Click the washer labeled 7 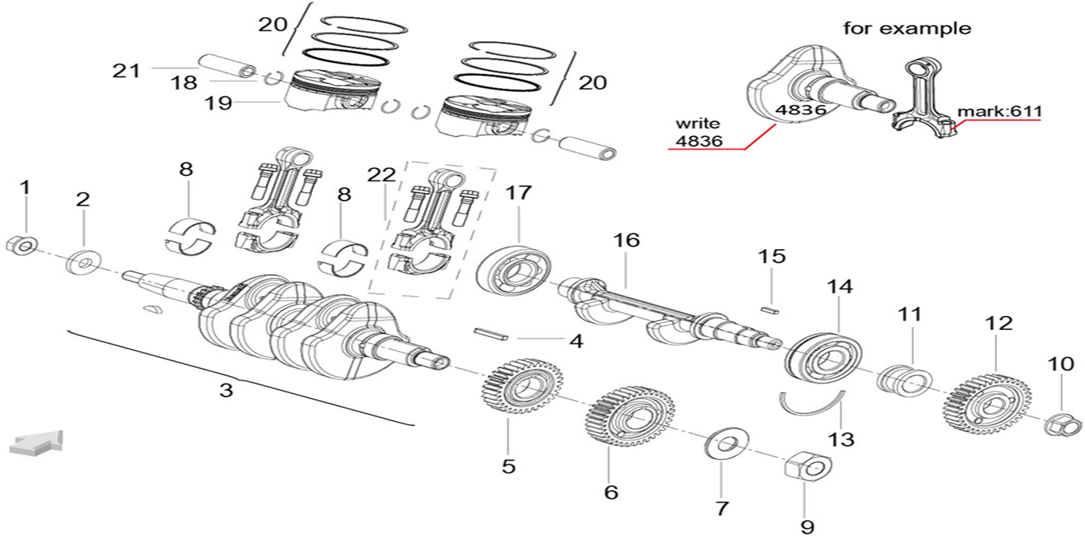(726, 444)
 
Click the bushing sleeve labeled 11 (905, 380)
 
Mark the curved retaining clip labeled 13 (812, 405)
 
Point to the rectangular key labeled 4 (491, 335)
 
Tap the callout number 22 (382, 175)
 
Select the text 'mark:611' (999, 111)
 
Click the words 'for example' (907, 29)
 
